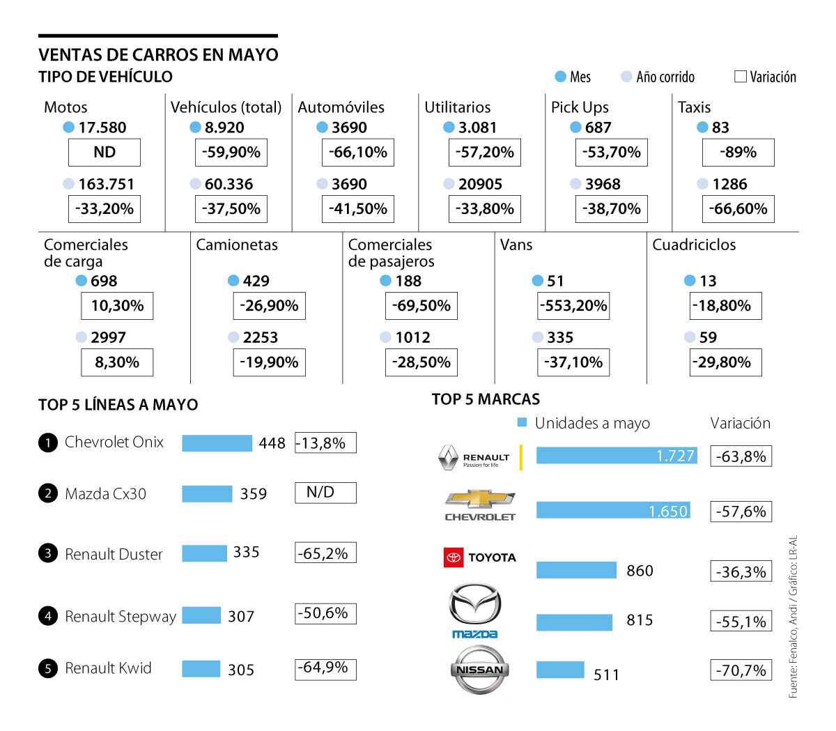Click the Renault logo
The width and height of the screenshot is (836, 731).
(x=474, y=458)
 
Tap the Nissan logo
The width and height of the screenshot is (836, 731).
(x=479, y=670)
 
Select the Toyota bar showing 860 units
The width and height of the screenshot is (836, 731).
(x=576, y=570)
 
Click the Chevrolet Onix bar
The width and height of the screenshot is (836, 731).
(x=217, y=443)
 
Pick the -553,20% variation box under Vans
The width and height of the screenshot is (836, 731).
(x=573, y=306)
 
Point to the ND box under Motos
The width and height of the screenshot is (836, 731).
(x=104, y=153)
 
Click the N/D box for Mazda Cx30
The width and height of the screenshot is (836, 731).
(x=325, y=493)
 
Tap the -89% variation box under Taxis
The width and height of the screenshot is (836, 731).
(x=738, y=153)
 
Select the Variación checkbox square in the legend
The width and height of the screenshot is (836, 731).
(x=741, y=77)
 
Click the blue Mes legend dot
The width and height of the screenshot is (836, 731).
(x=560, y=77)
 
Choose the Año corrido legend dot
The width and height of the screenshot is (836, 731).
(x=626, y=77)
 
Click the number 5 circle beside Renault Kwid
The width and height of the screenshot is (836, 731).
(x=47, y=668)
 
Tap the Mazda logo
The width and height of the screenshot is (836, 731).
(x=474, y=610)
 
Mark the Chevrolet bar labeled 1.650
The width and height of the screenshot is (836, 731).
(x=613, y=510)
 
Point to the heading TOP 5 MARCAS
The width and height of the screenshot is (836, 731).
(x=486, y=399)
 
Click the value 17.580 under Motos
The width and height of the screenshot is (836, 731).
(x=102, y=128)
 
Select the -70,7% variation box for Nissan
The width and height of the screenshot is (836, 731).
(x=741, y=670)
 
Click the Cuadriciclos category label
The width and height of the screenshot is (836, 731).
(x=694, y=245)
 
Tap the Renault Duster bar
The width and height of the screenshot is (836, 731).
(x=204, y=553)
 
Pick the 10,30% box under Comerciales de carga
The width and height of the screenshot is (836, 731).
(x=117, y=306)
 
